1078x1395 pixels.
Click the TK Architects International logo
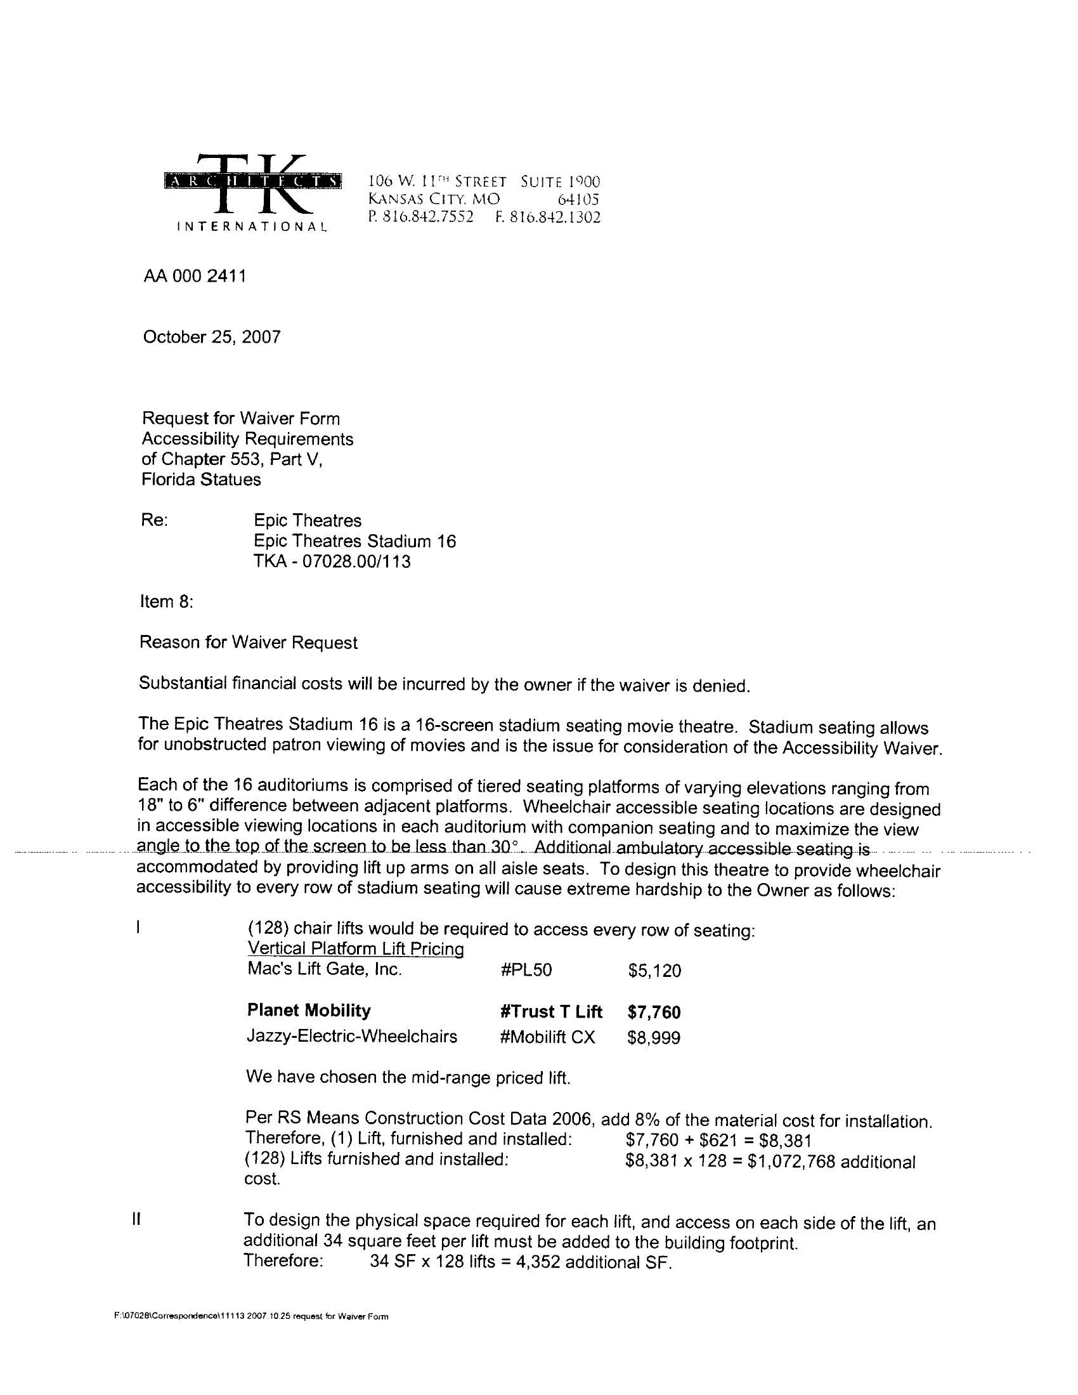252,191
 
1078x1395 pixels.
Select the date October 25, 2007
211,337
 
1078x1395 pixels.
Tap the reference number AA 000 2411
195,276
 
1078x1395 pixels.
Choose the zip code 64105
578,199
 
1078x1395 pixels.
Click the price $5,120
654,971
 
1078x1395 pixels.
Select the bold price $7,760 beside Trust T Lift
654,1012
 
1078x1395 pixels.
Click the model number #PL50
526,970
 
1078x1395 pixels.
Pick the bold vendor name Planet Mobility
308,1011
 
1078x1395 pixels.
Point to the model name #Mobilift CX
547,1037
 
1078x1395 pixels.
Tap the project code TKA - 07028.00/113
332,561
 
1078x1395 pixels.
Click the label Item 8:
166,601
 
